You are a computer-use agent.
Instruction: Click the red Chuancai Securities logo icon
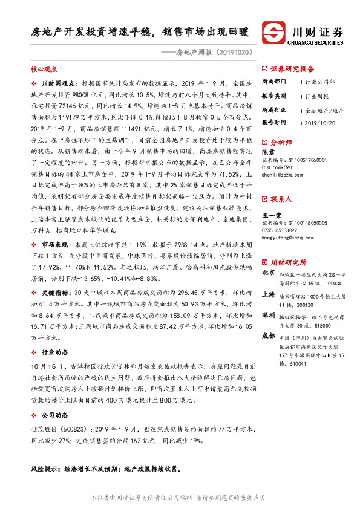click(274, 32)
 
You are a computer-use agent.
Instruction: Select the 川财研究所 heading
click(288, 262)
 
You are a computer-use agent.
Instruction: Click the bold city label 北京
click(268, 273)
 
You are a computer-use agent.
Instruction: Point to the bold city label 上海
click(268, 296)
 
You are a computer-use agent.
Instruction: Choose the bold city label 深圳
click(268, 316)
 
